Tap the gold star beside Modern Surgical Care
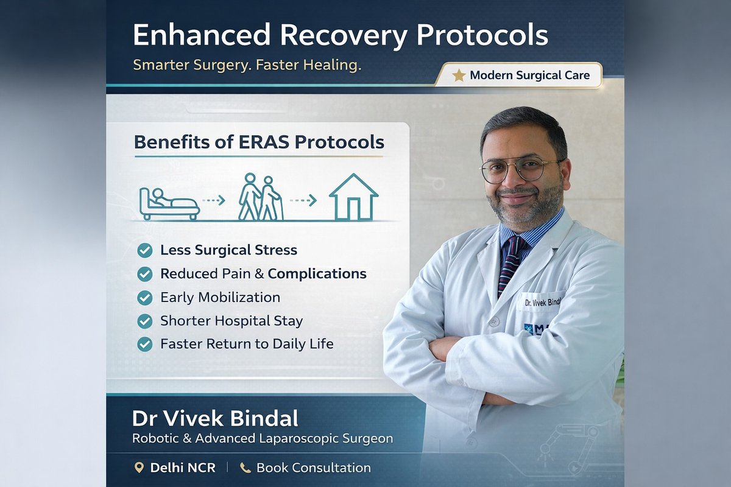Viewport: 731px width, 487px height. (459, 75)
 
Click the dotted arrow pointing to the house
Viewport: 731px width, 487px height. (303, 200)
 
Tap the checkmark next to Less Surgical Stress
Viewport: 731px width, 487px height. (145, 250)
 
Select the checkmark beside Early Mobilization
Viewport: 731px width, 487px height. (145, 298)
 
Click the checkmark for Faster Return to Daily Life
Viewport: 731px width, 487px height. (145, 344)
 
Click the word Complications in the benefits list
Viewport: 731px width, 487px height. (317, 274)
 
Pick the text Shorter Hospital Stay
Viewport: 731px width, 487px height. (231, 321)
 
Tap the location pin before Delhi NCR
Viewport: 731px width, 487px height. (139, 468)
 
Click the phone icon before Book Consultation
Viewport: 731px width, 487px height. (245, 468)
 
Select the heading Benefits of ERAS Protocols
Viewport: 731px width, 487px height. (259, 142)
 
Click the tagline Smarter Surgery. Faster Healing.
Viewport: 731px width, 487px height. (247, 65)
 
